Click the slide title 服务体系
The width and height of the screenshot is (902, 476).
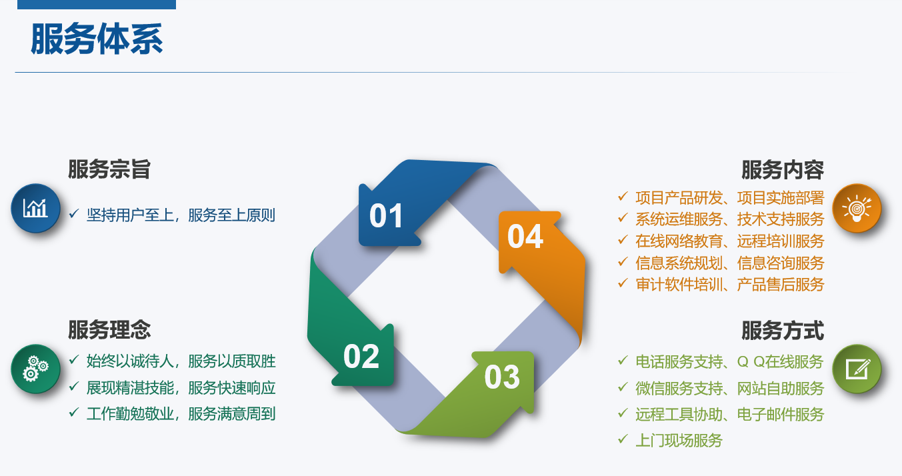click(x=97, y=39)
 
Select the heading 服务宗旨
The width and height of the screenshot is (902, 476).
click(x=109, y=169)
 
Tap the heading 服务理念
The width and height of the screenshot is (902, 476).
click(x=109, y=330)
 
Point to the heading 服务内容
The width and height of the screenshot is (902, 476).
click(x=783, y=169)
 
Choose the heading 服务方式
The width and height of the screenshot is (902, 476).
click(x=783, y=330)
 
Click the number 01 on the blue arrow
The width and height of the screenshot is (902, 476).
click(x=386, y=216)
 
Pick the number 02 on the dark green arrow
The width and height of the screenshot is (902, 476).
click(x=361, y=357)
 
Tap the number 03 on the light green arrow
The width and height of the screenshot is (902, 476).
click(x=502, y=377)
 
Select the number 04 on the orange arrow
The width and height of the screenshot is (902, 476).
click(x=525, y=237)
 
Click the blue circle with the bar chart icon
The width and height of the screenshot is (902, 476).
click(x=35, y=208)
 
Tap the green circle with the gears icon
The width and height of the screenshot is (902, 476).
click(x=35, y=369)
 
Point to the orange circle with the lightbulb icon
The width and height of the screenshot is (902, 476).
click(x=857, y=208)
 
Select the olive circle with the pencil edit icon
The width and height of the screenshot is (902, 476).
click(x=857, y=369)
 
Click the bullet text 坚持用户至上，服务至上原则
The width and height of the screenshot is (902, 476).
click(x=181, y=215)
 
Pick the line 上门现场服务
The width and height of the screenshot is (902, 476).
click(x=679, y=441)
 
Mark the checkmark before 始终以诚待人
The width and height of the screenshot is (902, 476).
click(x=74, y=359)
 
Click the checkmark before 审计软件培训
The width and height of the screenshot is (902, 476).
click(x=623, y=283)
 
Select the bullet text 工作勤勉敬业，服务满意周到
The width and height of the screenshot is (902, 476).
click(x=181, y=413)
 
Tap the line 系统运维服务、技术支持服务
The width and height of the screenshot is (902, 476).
click(x=729, y=219)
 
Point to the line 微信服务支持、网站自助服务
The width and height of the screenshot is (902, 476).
click(x=729, y=389)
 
